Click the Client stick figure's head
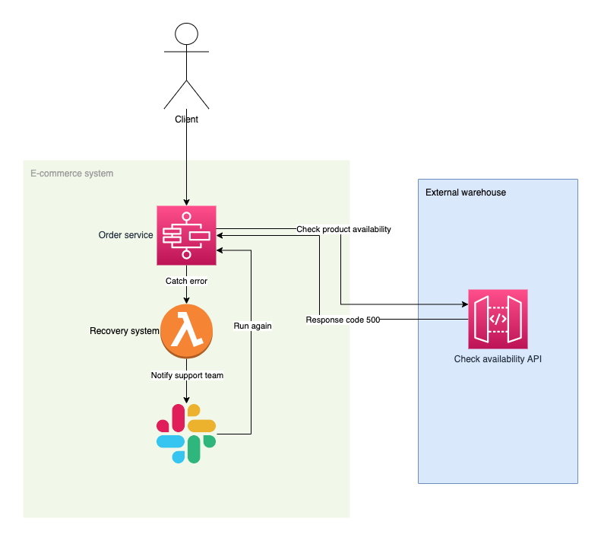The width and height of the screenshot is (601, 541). click(x=186, y=34)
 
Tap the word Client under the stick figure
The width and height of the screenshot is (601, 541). click(x=186, y=119)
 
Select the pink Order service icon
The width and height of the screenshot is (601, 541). click(x=186, y=236)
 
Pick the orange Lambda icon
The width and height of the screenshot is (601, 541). click(x=187, y=331)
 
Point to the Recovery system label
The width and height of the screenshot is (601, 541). click(x=125, y=331)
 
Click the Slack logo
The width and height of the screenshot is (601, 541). click(x=186, y=434)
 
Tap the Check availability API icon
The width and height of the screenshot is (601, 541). click(x=498, y=319)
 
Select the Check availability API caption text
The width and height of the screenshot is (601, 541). click(x=498, y=358)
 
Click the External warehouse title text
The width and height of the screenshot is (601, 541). click(x=466, y=193)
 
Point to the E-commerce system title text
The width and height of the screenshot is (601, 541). click(x=71, y=173)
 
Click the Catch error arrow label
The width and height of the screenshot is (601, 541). click(x=187, y=281)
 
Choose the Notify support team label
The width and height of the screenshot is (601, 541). click(x=187, y=375)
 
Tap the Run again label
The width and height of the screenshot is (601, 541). click(x=252, y=326)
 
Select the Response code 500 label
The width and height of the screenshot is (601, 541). click(x=343, y=320)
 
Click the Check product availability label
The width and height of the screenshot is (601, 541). click(x=343, y=229)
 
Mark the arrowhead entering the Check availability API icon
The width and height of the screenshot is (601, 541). click(x=464, y=304)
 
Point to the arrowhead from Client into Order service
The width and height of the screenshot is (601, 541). click(x=186, y=202)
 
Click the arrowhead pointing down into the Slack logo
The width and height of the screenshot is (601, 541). click(x=187, y=399)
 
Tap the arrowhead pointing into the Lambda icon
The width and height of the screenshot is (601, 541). click(x=187, y=301)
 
